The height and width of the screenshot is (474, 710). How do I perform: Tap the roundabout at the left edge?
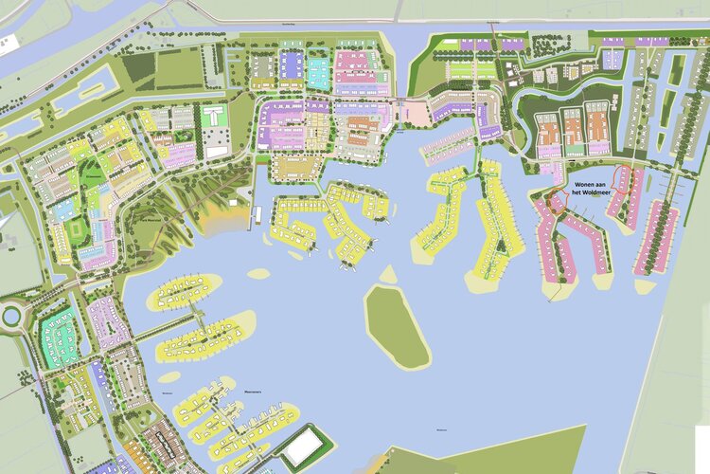(x=12, y=317)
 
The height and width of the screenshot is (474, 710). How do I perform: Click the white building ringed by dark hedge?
(x=307, y=446)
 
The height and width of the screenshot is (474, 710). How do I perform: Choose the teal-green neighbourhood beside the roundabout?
(x=60, y=336)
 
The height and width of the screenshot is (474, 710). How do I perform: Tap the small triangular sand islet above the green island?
(x=387, y=275)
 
